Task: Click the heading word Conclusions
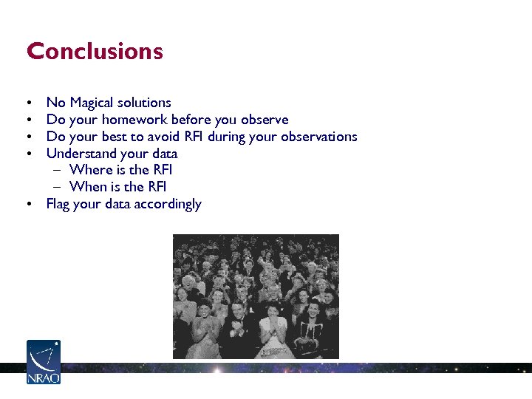point(95,52)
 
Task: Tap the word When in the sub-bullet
point(88,187)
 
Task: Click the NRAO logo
point(44,362)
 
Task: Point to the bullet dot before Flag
point(28,204)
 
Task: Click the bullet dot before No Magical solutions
point(28,103)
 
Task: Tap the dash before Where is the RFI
point(58,171)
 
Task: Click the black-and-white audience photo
point(256,296)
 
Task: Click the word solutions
point(146,103)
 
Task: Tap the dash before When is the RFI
point(58,187)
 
